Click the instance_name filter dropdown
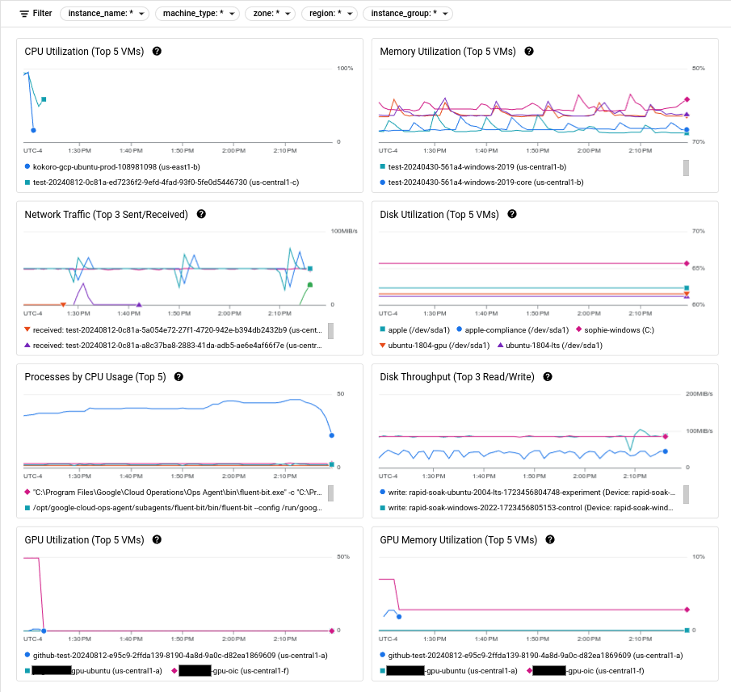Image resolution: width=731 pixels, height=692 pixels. coord(104,14)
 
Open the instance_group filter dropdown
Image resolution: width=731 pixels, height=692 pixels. coord(407,14)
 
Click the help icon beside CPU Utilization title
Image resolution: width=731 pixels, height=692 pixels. coord(157,51)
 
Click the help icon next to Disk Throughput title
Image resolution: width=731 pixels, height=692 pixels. coord(548,377)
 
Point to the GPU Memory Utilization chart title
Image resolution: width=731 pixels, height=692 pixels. coord(458,539)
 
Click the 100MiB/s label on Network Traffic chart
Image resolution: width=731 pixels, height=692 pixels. coord(342,231)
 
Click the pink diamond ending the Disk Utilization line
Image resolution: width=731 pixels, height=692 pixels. coord(686,263)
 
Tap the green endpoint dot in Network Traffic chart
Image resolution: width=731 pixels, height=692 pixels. coord(309,285)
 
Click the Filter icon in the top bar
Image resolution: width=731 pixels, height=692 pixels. coord(24,14)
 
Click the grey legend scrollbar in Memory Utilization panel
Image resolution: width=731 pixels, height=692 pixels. coord(686,167)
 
